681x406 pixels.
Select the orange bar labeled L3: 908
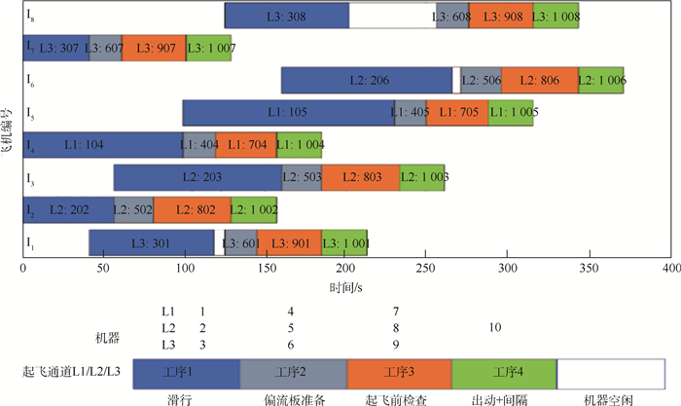[x=501, y=17]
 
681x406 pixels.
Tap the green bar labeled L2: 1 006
[x=601, y=81]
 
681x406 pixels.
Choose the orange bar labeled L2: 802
[x=192, y=209]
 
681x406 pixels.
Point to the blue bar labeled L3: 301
[x=151, y=241]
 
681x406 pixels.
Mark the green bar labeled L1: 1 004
[x=299, y=145]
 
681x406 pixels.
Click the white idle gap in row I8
[x=393, y=17]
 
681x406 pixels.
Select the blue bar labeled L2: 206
[x=367, y=81]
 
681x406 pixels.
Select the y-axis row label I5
[x=32, y=113]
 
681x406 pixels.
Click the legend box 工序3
[x=399, y=372]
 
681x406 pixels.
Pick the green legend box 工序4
[x=504, y=372]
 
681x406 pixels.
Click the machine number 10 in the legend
[x=497, y=327]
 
